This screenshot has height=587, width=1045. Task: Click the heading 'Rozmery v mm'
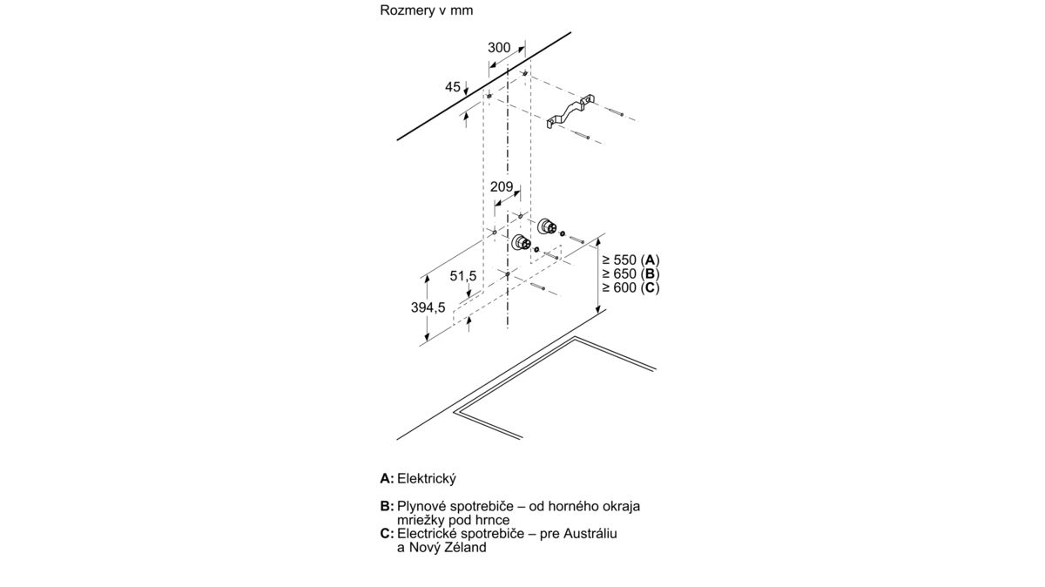click(x=427, y=10)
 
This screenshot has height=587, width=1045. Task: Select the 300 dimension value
click(x=499, y=48)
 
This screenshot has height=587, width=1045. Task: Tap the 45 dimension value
click(x=453, y=87)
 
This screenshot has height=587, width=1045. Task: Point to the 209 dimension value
click(x=502, y=186)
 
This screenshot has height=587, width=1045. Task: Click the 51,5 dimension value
click(x=463, y=276)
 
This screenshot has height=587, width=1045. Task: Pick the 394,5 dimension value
click(x=428, y=307)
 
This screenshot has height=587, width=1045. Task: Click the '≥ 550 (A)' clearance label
click(x=630, y=260)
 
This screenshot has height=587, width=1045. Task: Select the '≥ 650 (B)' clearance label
click(x=630, y=273)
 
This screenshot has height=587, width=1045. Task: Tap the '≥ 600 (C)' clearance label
click(x=630, y=288)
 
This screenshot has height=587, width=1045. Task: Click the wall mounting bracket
click(x=571, y=113)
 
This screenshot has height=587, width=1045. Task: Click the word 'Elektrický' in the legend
click(x=427, y=479)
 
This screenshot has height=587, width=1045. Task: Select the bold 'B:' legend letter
click(x=388, y=506)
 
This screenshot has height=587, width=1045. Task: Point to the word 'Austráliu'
click(x=590, y=533)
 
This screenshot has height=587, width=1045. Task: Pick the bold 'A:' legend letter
click(x=388, y=479)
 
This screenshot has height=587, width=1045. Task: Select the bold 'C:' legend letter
click(x=388, y=533)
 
